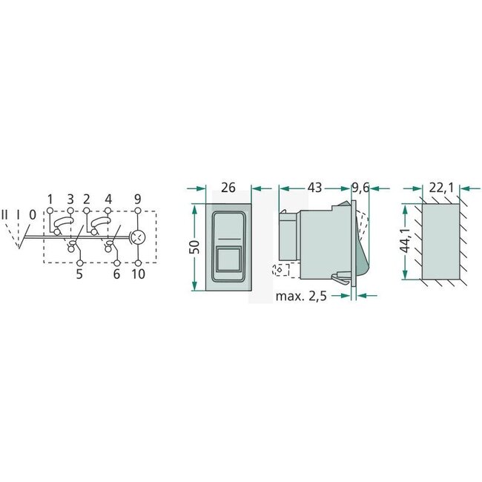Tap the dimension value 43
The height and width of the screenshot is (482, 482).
(314, 188)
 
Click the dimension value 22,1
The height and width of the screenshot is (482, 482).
(440, 188)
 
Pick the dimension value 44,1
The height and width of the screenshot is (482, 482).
(405, 242)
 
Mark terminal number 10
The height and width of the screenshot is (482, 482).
(139, 274)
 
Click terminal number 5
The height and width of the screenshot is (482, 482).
(80, 274)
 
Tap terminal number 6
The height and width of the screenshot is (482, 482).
(117, 274)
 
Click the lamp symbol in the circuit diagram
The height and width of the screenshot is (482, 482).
(139, 237)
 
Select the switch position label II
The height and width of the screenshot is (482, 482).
(6, 216)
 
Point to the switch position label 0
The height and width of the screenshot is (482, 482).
(32, 216)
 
